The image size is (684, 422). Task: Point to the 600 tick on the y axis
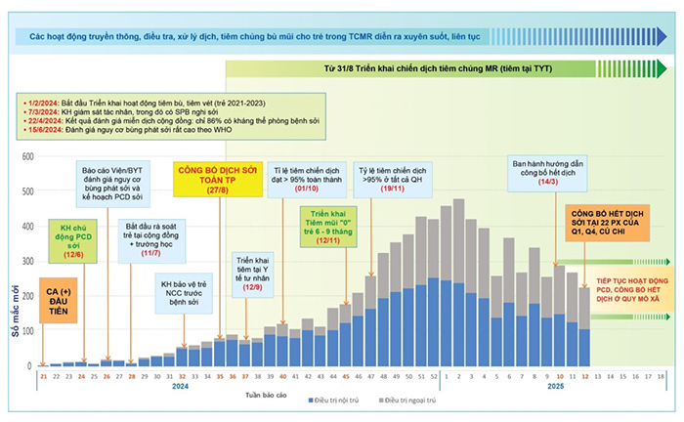pyautogui.click(x=27, y=156)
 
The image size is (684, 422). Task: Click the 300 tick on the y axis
pyautogui.click(x=27, y=261)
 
